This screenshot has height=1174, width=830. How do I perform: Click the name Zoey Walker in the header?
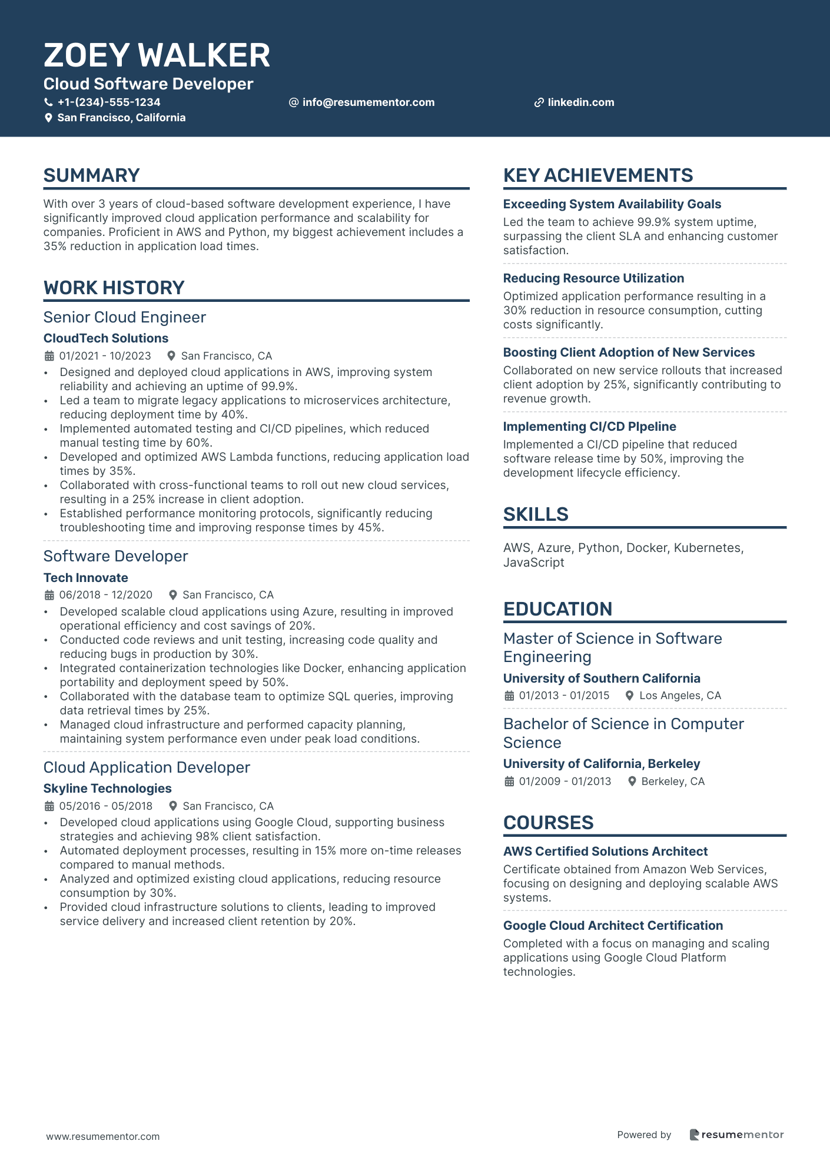[157, 55]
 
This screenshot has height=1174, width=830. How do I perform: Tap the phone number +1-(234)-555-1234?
[109, 102]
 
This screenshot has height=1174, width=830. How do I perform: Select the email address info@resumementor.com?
[368, 102]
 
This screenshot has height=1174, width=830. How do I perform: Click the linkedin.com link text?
[580, 102]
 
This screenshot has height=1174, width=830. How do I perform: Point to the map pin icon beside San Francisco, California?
[49, 118]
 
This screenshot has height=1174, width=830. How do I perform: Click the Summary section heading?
[91, 175]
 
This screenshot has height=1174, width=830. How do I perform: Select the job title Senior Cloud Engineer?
[124, 317]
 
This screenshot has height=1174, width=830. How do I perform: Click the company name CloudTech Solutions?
[106, 338]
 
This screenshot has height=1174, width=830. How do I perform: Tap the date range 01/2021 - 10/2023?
[105, 356]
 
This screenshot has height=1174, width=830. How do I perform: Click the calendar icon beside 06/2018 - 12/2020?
[49, 595]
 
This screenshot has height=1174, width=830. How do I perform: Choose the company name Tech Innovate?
[85, 578]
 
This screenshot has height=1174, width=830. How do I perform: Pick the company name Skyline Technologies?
[107, 789]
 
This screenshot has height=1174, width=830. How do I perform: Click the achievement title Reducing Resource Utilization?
[593, 278]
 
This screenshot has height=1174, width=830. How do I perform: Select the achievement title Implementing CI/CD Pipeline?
[589, 427]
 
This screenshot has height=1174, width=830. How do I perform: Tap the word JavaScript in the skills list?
[533, 563]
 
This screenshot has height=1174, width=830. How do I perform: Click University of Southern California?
[602, 679]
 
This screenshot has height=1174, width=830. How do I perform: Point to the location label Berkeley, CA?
[672, 781]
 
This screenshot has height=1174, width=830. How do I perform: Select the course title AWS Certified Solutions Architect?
[605, 852]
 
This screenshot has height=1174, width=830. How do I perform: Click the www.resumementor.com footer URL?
[103, 1136]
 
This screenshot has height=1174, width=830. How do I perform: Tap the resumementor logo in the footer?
[736, 1135]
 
